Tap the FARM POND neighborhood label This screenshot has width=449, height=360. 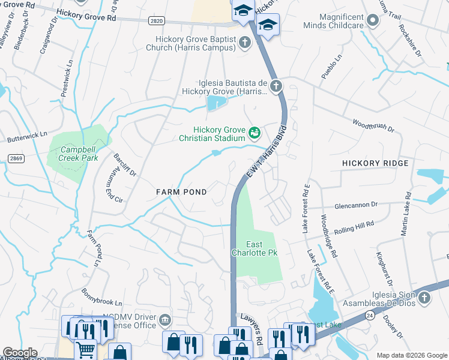click(181, 192)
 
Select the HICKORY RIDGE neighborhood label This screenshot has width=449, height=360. click(375, 163)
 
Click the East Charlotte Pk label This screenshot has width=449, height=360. click(254, 248)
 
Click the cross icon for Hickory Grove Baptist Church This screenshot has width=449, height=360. click(244, 42)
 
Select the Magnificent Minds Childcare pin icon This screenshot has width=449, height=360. click(373, 22)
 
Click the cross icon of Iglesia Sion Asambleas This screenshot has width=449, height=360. click(424, 298)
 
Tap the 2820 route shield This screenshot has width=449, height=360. click(157, 20)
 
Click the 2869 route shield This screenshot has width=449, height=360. click(16, 158)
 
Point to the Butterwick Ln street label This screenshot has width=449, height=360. click(26, 139)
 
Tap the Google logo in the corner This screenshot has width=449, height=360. click(20, 353)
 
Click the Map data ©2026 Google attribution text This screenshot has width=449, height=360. click(411, 355)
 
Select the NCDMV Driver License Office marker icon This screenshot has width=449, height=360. click(165, 321)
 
